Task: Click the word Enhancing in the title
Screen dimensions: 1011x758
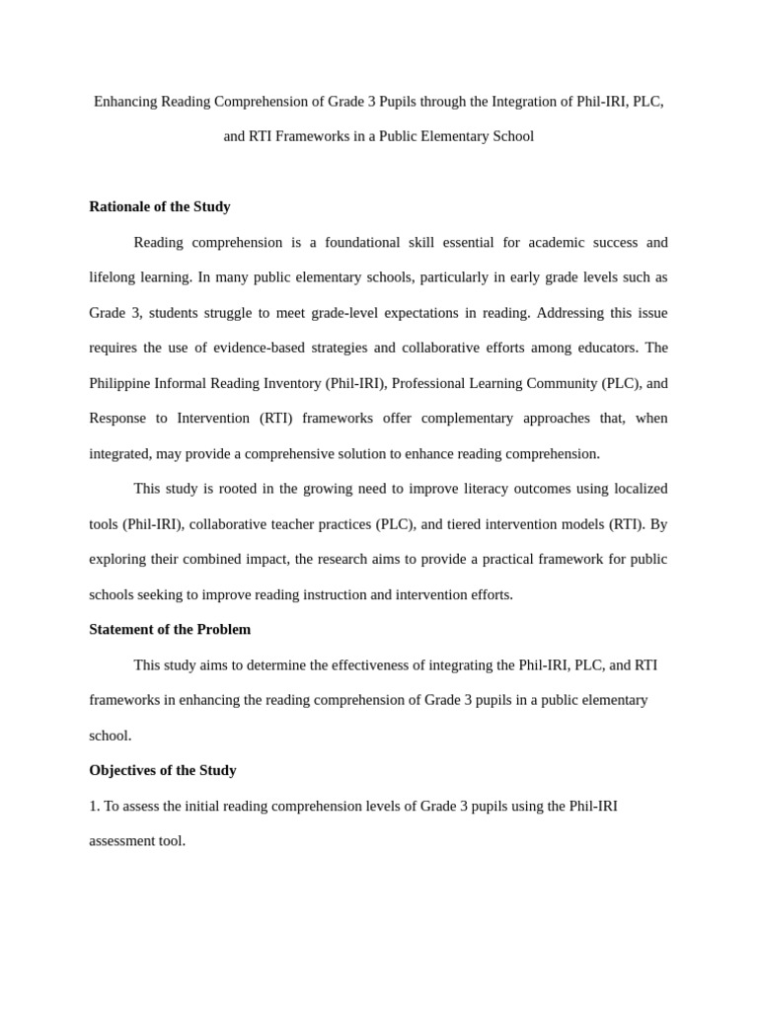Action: [x=125, y=102]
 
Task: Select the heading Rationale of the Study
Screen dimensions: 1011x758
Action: [x=160, y=206]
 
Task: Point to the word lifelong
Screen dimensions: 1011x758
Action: [x=114, y=277]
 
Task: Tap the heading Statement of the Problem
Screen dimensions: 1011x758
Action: [x=170, y=629]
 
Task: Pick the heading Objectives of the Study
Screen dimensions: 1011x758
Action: [x=163, y=770]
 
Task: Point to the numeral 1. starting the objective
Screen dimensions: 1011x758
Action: [x=95, y=806]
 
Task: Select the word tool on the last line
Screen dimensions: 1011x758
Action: [x=170, y=841]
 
